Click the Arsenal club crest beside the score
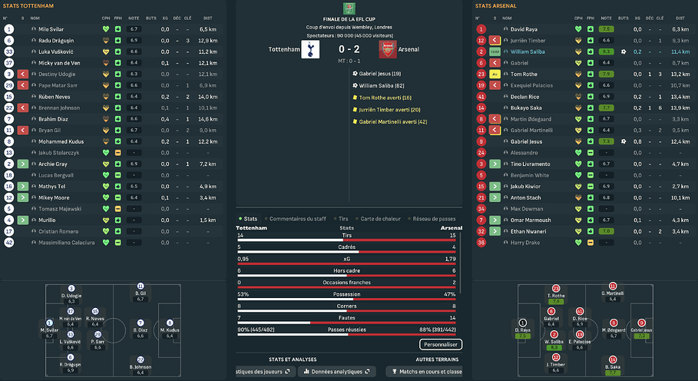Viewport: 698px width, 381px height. [x=389, y=48]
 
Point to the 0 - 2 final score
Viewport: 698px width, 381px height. [x=349, y=49]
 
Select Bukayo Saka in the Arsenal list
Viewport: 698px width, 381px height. [x=526, y=108]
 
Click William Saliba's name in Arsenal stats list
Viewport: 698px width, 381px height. [x=531, y=51]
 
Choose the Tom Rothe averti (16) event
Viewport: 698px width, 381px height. [x=385, y=98]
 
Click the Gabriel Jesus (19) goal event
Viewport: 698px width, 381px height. [x=375, y=73]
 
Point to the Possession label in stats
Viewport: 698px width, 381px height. [x=347, y=294]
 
